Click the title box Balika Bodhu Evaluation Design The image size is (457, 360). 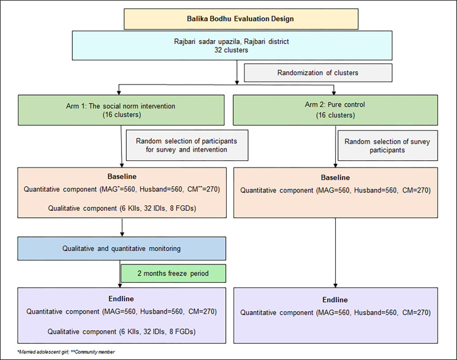(x=241, y=19)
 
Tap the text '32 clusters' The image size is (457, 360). (x=231, y=50)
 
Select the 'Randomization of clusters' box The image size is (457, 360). (x=318, y=73)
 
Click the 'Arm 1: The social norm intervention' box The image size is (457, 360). (x=121, y=110)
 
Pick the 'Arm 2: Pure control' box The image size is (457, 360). (x=336, y=110)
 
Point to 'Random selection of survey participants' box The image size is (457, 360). (x=388, y=146)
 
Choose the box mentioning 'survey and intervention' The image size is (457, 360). (x=187, y=146)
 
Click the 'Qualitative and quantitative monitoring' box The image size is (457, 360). (x=121, y=249)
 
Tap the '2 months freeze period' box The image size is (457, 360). (x=173, y=274)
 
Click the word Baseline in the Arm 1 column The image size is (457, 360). (x=122, y=177)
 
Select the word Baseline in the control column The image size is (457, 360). (x=336, y=177)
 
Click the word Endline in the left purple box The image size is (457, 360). (x=121, y=299)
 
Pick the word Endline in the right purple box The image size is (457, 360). (x=335, y=300)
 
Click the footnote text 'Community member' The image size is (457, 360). (x=95, y=352)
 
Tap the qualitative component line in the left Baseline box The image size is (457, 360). (x=122, y=208)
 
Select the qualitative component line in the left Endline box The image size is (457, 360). (x=121, y=331)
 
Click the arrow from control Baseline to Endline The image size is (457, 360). (x=336, y=253)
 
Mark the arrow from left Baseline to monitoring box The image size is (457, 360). (x=122, y=227)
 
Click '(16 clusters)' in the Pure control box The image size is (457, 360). (x=336, y=115)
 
